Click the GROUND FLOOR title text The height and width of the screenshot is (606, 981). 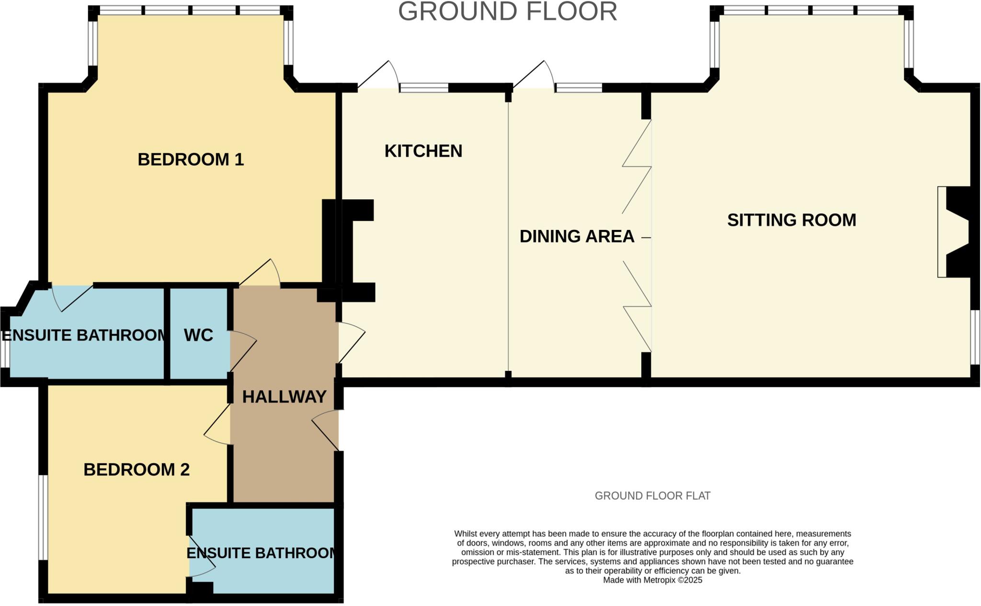(x=507, y=11)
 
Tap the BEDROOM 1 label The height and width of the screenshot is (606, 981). (x=191, y=160)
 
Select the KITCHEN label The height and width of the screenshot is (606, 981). (x=423, y=151)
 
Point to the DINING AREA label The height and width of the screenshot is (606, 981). (x=577, y=237)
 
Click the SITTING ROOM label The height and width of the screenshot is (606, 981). (x=791, y=220)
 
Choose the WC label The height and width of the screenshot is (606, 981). (x=198, y=335)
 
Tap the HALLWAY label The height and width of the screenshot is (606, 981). (x=284, y=397)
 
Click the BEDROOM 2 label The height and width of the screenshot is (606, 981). (x=137, y=469)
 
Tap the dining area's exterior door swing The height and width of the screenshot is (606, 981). (x=535, y=76)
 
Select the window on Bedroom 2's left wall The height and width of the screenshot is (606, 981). (x=43, y=517)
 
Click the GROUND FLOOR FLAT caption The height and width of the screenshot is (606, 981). (x=652, y=496)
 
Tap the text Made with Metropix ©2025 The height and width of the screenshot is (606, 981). (x=652, y=580)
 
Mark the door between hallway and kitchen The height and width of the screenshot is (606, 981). (x=351, y=342)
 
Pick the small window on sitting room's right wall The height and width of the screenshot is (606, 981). (x=975, y=337)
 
